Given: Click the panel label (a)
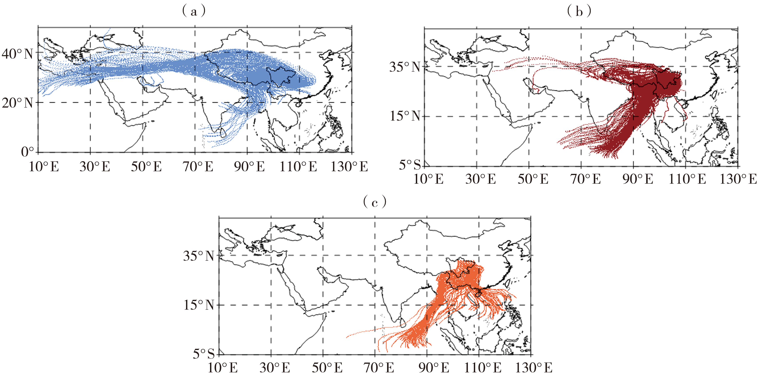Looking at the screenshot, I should (x=194, y=11).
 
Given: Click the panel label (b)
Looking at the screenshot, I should (x=579, y=11).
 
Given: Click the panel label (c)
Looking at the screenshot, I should (x=375, y=202).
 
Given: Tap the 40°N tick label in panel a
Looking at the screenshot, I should (x=17, y=54).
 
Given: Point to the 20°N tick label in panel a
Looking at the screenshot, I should (x=17, y=103).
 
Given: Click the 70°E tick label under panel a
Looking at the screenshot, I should (x=198, y=167).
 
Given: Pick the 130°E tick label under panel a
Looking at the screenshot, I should (x=349, y=167).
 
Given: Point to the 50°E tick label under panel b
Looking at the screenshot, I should (x=533, y=179).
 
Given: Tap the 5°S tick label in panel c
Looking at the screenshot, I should (x=204, y=354).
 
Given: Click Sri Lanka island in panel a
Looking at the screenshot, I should (x=223, y=133).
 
